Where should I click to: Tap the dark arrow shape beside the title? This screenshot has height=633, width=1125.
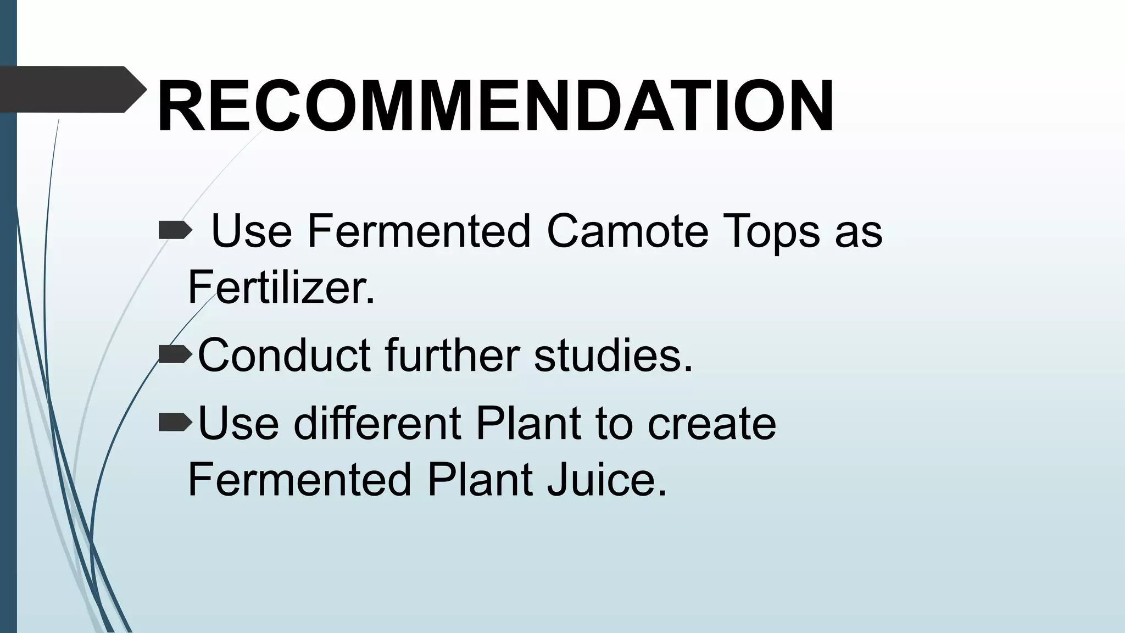tap(71, 89)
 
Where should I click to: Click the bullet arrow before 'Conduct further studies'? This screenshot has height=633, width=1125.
tap(175, 355)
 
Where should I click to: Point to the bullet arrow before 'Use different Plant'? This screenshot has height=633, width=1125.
tap(175, 423)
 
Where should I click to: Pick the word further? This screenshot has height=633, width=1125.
tap(452, 355)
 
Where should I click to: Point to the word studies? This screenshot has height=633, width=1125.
tap(613, 355)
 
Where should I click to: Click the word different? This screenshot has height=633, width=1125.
tap(377, 423)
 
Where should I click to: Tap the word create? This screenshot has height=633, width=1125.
tap(712, 424)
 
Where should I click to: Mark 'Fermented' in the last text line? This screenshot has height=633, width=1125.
tap(299, 480)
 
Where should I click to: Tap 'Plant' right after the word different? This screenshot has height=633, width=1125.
tap(527, 423)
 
